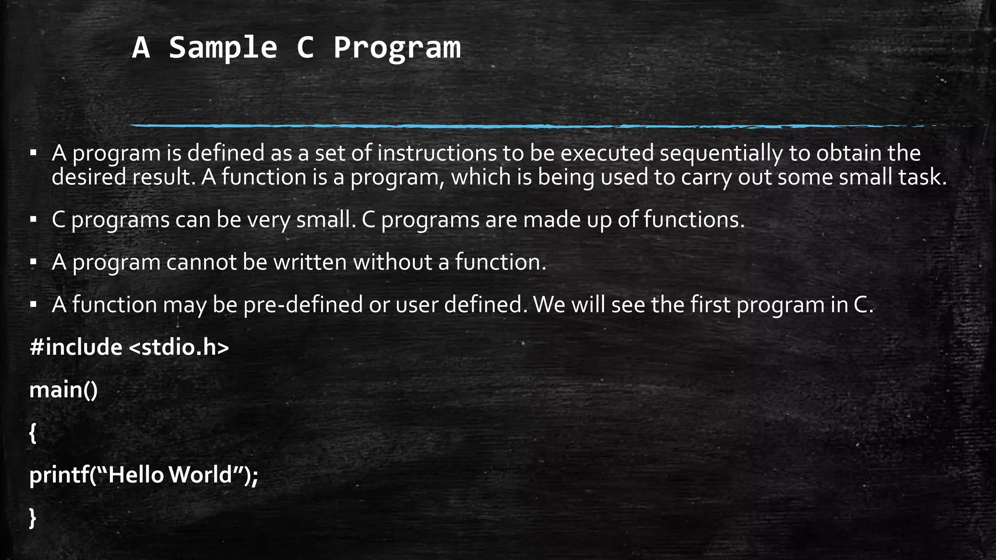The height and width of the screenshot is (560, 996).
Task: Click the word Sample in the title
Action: [223, 48]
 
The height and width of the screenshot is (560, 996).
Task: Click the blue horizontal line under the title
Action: [486, 126]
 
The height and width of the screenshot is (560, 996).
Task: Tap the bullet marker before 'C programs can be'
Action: [33, 220]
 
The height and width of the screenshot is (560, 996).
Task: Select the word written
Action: [310, 262]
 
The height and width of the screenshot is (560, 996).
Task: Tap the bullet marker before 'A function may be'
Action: [33, 305]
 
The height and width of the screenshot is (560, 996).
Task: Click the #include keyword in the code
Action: [75, 348]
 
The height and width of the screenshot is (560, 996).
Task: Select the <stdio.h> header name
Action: [179, 348]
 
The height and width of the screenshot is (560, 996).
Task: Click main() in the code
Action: [63, 390]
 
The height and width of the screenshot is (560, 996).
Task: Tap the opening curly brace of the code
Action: [33, 433]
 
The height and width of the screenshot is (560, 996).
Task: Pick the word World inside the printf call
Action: [200, 475]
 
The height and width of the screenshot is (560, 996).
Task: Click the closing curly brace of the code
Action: [33, 518]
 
